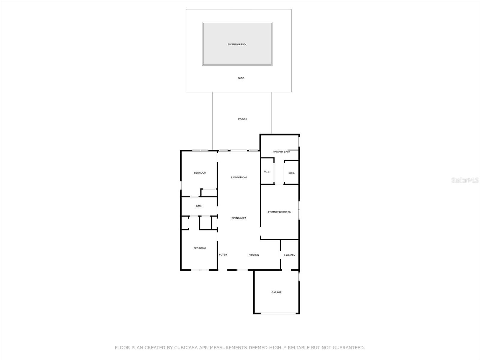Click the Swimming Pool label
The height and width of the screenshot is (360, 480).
(237, 44)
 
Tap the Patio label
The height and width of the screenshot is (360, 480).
(241, 78)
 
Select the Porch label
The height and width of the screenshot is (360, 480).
(242, 119)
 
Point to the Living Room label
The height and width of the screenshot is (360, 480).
(239, 177)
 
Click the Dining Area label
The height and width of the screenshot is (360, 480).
(239, 218)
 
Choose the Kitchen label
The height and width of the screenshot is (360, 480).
(254, 255)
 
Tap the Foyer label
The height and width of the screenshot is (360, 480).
(223, 255)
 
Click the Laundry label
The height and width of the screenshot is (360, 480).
(289, 255)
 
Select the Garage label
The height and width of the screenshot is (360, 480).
(276, 292)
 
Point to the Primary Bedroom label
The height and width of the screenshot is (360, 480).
(280, 212)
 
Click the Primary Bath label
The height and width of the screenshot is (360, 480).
(281, 152)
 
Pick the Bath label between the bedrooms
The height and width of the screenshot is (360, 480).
(199, 206)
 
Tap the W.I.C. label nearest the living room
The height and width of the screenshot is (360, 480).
(267, 172)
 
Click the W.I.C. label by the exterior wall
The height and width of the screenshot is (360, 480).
(292, 173)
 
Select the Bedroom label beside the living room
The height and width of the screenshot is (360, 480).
(200, 173)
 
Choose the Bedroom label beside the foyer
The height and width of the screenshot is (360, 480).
(199, 248)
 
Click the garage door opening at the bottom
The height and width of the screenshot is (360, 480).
(278, 313)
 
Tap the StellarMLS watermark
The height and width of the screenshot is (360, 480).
(465, 180)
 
